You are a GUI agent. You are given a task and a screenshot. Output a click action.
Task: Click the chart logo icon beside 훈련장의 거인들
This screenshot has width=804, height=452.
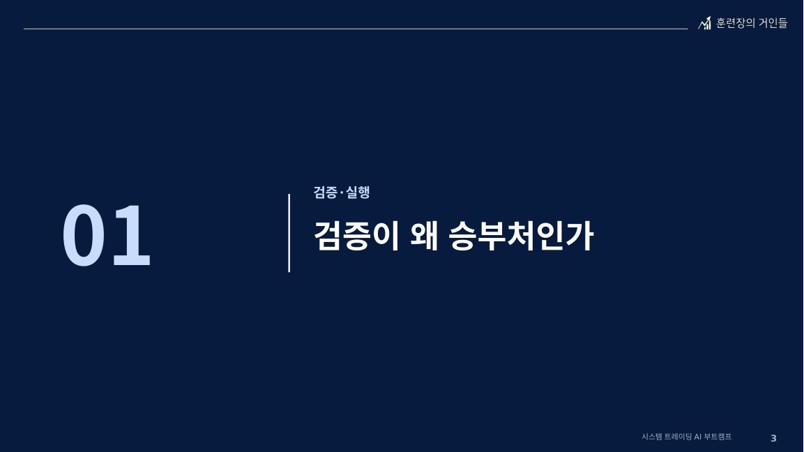pos(704,23)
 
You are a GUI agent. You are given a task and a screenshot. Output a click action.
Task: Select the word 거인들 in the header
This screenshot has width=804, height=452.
pos(773,23)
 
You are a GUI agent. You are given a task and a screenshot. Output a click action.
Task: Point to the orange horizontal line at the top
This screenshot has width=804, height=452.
pos(356,29)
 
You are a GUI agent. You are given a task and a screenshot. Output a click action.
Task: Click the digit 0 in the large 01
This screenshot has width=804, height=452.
pos(84,236)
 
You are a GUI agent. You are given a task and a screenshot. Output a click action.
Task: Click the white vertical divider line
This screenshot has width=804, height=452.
pos(289,233)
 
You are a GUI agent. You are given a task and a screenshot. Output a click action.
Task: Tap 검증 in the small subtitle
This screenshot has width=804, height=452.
pos(326,193)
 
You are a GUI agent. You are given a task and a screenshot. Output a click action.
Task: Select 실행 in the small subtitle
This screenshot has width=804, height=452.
pos(358,193)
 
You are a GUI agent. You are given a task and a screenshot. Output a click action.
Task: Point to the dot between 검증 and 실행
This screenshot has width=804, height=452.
pos(342,193)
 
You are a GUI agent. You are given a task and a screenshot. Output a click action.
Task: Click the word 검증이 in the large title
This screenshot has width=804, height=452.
pos(356,236)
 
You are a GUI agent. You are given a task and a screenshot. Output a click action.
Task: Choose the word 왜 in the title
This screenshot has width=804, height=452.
pos(425,236)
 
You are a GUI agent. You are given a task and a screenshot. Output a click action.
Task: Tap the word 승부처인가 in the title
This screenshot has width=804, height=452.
pos(521,236)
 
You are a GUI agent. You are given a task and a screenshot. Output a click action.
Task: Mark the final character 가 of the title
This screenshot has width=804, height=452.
pos(580,236)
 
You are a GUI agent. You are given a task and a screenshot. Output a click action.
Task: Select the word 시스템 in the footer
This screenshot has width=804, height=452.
pos(652,437)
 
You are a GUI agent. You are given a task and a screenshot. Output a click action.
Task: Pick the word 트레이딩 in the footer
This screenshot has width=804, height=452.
pos(678,437)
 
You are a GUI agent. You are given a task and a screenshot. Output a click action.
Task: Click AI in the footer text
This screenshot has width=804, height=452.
pos(698,437)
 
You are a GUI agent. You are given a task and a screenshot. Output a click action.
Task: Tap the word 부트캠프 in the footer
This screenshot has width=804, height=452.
pos(718,437)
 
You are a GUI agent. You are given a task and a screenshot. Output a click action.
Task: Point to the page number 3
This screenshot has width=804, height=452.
pos(774,438)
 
